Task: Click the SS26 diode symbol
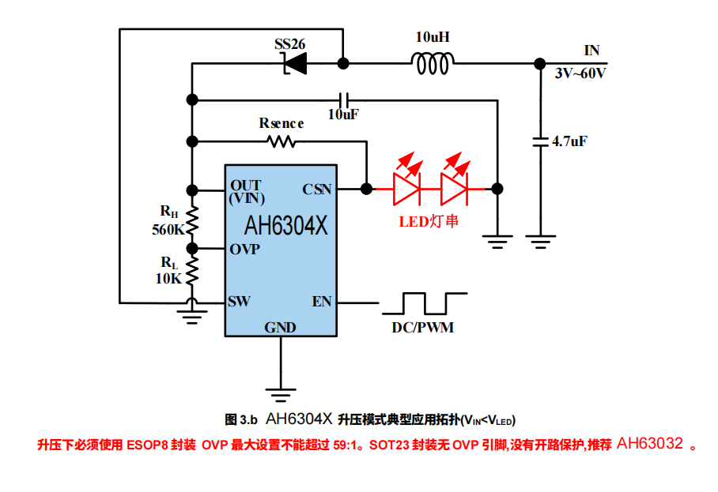[296, 62]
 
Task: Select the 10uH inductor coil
[433, 62]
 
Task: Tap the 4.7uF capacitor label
[569, 141]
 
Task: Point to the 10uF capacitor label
[343, 115]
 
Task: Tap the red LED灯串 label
[428, 222]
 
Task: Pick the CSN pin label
[317, 190]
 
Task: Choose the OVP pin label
[245, 249]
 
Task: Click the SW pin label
[240, 302]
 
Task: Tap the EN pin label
[321, 302]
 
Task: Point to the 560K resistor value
[168, 231]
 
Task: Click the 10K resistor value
[168, 278]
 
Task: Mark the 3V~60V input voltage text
[580, 73]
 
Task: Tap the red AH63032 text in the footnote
[649, 444]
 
